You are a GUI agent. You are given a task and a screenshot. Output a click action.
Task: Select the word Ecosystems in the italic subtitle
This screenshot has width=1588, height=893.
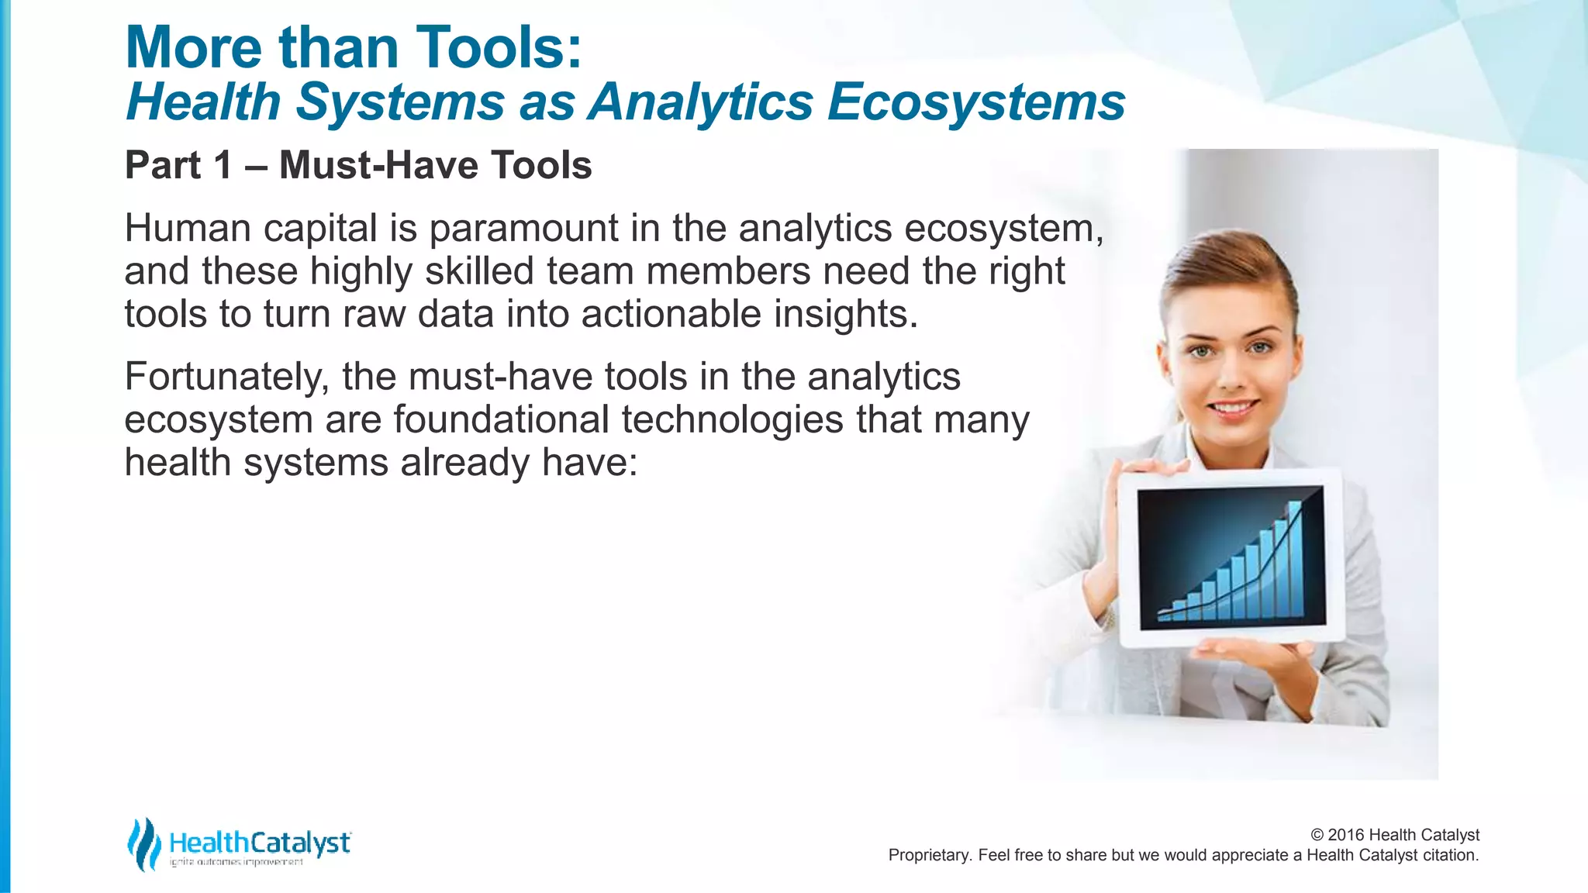tap(976, 103)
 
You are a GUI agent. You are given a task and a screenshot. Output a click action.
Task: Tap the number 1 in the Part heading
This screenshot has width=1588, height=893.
tap(223, 165)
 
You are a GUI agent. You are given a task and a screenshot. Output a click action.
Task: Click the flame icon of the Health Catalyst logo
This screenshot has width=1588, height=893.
tap(144, 844)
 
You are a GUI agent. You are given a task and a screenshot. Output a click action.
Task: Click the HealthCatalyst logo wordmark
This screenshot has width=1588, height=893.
tap(259, 843)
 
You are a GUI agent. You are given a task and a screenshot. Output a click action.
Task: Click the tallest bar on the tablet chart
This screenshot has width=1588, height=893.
tap(1293, 558)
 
